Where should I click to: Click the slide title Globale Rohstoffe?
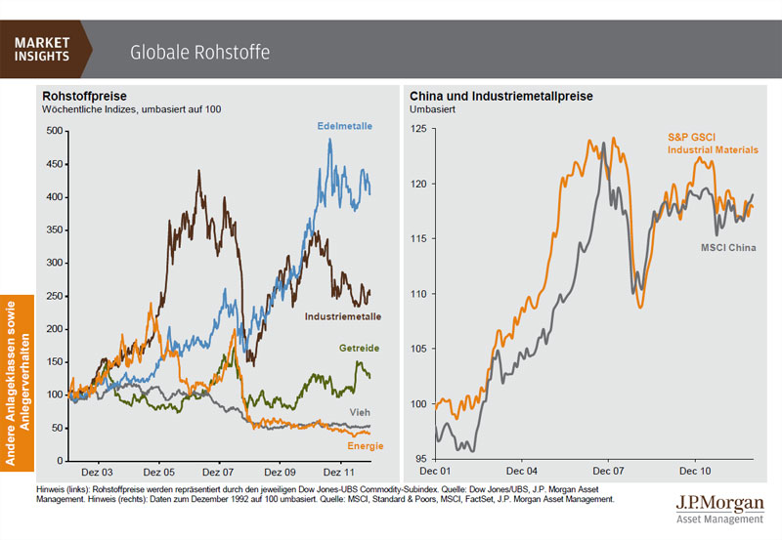(199, 51)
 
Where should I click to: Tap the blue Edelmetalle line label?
(344, 127)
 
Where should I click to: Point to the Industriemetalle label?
(343, 316)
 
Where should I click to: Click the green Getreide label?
(359, 349)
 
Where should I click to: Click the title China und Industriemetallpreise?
(501, 97)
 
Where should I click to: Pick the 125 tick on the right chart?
(419, 129)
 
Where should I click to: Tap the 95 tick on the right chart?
(422, 459)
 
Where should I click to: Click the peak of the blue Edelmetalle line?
(330, 139)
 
